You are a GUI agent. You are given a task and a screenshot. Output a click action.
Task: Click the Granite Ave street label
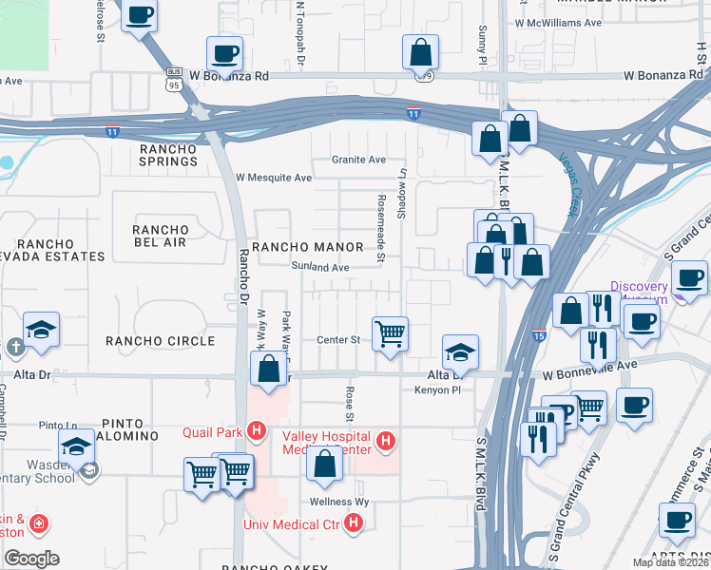click(358, 160)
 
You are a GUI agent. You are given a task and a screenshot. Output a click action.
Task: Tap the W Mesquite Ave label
click(274, 178)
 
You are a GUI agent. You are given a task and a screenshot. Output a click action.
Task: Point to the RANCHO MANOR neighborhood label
click(307, 247)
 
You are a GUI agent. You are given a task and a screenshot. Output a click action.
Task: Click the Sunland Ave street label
click(320, 268)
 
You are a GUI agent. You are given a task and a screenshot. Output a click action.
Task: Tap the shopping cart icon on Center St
click(390, 334)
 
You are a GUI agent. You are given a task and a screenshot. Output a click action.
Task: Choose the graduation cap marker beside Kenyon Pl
click(460, 351)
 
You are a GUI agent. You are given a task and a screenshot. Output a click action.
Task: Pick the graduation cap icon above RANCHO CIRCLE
click(42, 329)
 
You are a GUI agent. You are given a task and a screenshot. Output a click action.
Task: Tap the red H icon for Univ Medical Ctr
click(354, 522)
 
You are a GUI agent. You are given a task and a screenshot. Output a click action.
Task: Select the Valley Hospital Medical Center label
click(327, 443)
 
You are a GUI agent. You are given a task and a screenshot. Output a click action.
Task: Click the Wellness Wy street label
click(338, 502)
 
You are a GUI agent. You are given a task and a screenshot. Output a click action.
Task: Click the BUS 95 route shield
click(174, 77)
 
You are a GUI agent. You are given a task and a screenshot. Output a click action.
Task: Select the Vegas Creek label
click(570, 182)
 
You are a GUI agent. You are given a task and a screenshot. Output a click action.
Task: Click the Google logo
click(30, 559)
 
